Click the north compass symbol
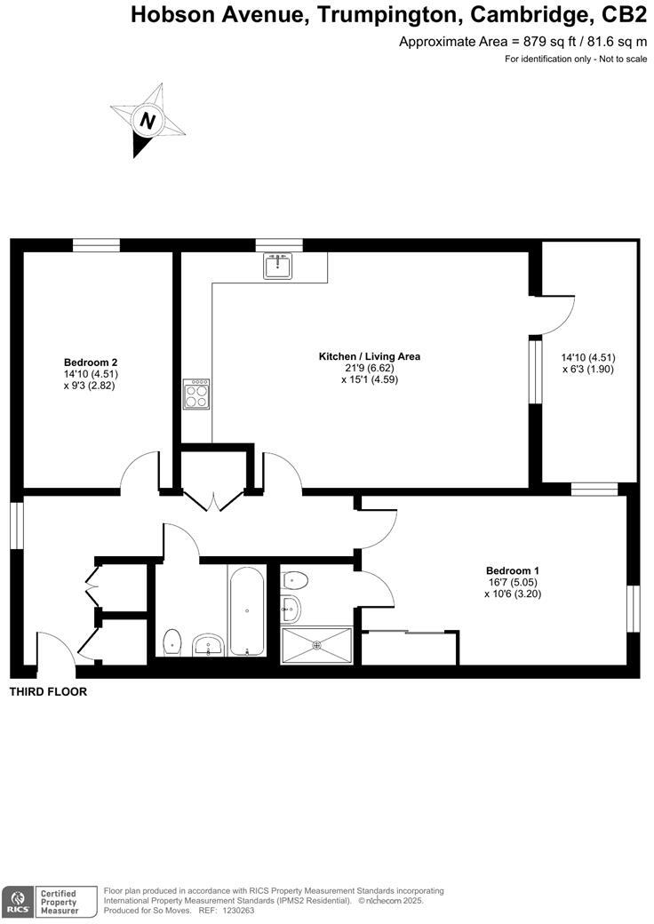click(148, 120)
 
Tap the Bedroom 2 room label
click(91, 362)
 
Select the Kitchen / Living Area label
click(370, 356)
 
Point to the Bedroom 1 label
click(513, 570)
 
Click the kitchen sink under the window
click(278, 266)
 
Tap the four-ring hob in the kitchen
click(196, 394)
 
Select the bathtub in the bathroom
click(246, 611)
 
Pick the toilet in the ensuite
click(295, 581)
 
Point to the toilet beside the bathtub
click(173, 640)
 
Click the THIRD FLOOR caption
click(48, 692)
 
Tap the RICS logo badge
click(17, 901)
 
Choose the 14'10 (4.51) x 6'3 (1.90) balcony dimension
click(588, 362)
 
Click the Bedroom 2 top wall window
click(96, 245)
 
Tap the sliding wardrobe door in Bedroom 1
click(405, 632)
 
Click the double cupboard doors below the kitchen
click(214, 501)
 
